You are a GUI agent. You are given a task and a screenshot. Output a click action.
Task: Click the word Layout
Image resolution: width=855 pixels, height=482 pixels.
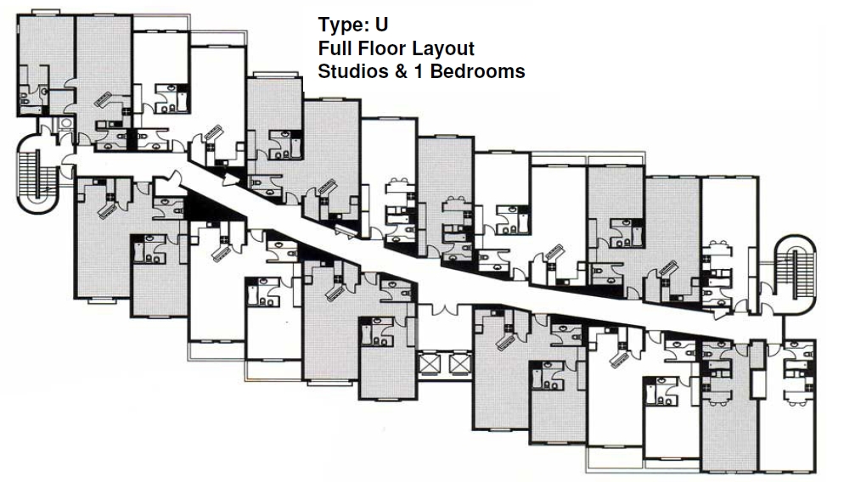click(442, 49)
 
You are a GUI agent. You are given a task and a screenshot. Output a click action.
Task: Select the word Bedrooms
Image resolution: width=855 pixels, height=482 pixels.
click(478, 71)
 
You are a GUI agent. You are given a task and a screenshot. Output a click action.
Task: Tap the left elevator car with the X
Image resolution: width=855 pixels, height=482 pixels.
click(431, 364)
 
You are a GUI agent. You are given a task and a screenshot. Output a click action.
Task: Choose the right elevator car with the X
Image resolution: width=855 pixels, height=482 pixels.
click(459, 364)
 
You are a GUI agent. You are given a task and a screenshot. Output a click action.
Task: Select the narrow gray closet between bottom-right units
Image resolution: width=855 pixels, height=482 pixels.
click(757, 365)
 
